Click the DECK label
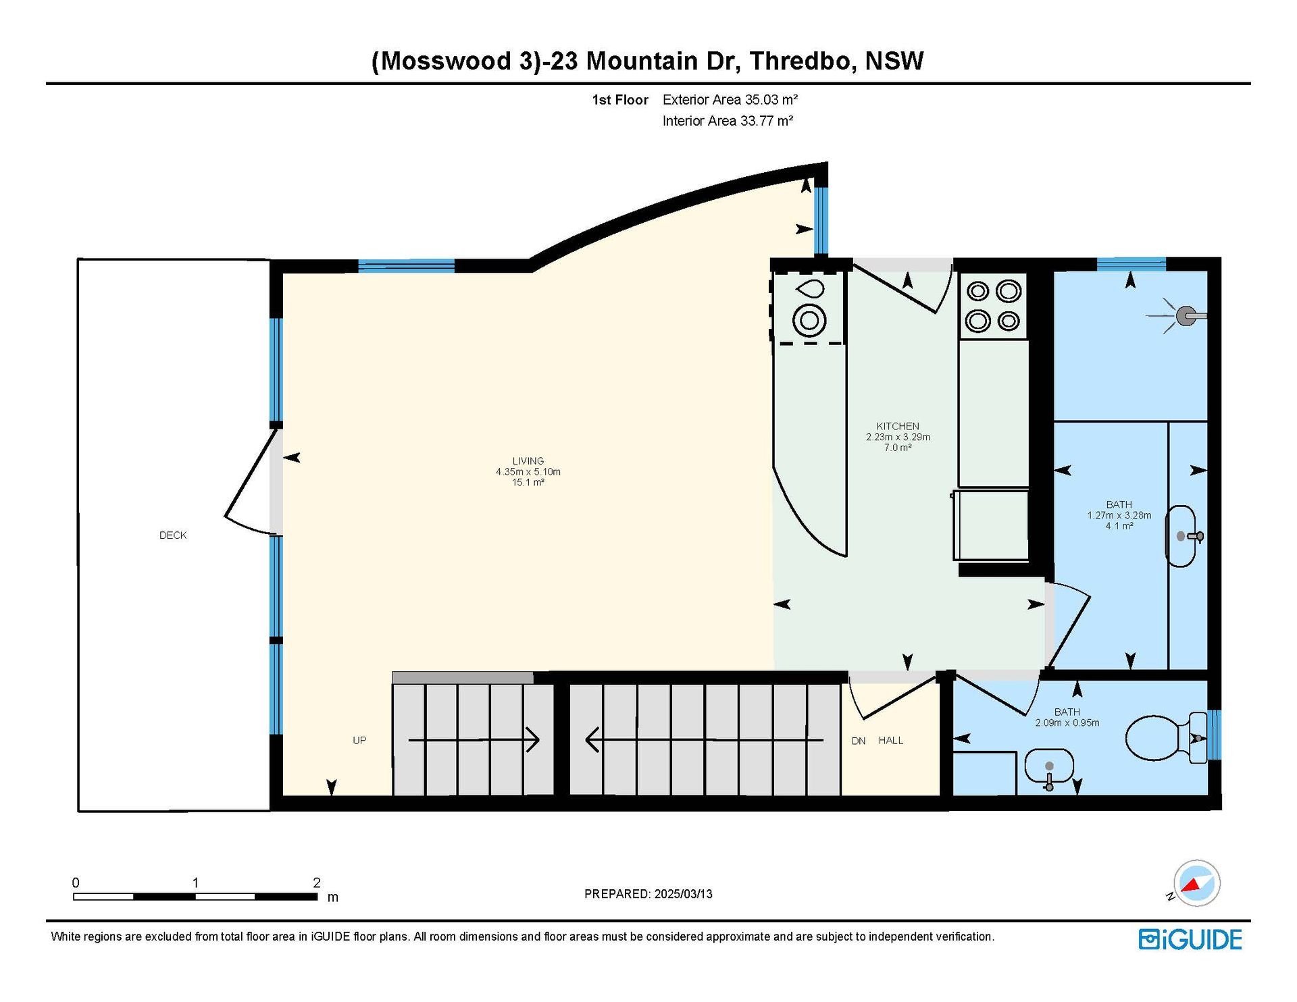(x=173, y=535)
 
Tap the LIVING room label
(x=528, y=461)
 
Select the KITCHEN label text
(x=898, y=426)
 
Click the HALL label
(x=891, y=741)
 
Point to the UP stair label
(x=359, y=741)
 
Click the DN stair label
(x=859, y=741)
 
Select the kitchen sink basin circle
(x=809, y=320)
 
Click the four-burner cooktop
(x=993, y=306)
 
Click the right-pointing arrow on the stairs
(x=474, y=740)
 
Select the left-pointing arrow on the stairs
(x=704, y=740)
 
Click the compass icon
(x=1196, y=883)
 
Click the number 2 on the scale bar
(x=316, y=882)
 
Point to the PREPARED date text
(x=648, y=894)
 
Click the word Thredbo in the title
(x=800, y=61)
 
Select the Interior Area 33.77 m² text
(x=728, y=121)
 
